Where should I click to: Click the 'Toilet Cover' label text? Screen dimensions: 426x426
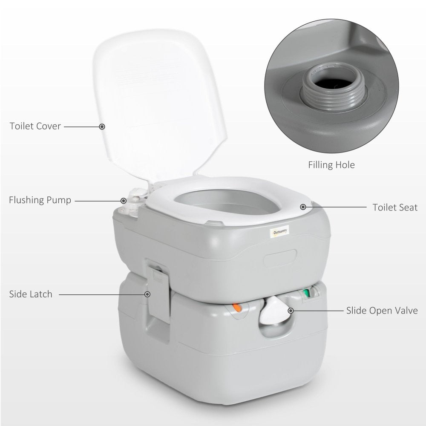click(x=36, y=126)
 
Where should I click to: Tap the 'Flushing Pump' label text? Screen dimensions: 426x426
click(x=40, y=200)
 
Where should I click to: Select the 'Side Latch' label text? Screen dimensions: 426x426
click(x=31, y=294)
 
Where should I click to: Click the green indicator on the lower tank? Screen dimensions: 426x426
click(x=305, y=294)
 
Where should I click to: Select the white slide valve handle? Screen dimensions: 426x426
click(x=272, y=310)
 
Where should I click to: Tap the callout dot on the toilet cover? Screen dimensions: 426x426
click(x=102, y=126)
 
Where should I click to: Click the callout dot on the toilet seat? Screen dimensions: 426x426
click(x=303, y=207)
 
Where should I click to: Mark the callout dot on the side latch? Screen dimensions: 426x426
click(x=148, y=294)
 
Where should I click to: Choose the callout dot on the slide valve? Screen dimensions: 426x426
click(x=291, y=311)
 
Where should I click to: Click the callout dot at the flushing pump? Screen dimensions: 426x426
click(x=124, y=200)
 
